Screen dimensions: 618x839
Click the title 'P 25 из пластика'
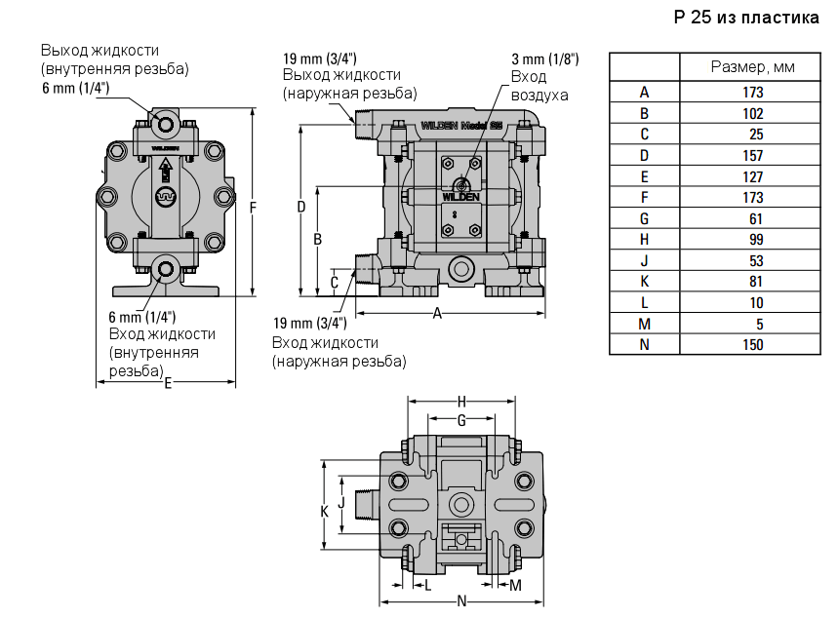point(746,19)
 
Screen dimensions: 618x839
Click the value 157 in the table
point(752,155)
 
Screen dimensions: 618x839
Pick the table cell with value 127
point(752,176)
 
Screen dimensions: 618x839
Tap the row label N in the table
point(644,344)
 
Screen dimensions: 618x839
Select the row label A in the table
point(644,93)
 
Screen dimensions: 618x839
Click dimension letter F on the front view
point(254,207)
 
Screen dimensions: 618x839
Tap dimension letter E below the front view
point(168,384)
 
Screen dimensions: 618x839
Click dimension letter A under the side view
point(438,313)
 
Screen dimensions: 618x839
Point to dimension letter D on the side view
point(301,207)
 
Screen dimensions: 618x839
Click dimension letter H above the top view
point(461,401)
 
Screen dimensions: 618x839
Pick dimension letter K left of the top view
point(325,511)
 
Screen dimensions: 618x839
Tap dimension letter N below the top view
point(460,600)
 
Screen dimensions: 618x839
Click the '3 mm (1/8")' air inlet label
point(544,58)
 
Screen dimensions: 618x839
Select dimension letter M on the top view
point(516,585)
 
